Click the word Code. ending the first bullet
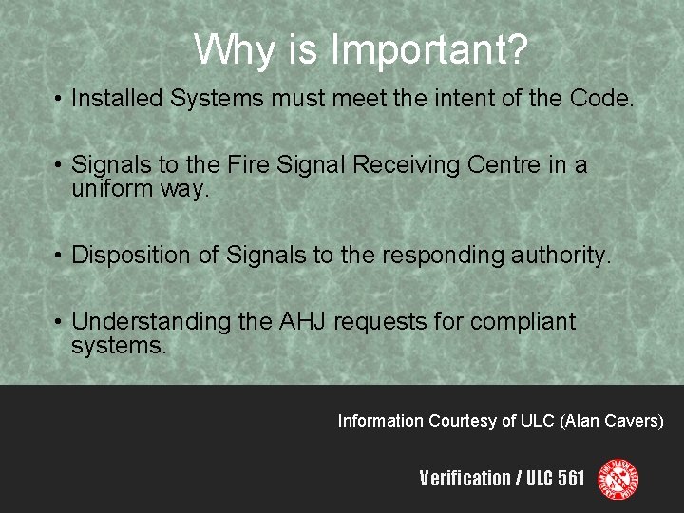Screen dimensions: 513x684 (x=601, y=98)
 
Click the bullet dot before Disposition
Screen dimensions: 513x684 (x=58, y=256)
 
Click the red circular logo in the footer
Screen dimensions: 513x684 (x=617, y=478)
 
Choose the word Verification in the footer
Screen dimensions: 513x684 (x=465, y=478)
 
